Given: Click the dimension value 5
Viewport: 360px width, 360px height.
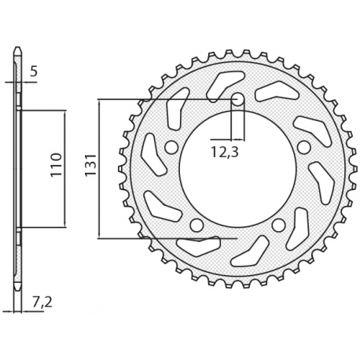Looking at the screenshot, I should pyautogui.click(x=32, y=73).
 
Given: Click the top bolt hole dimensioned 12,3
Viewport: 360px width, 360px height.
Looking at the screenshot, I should pyautogui.click(x=237, y=100).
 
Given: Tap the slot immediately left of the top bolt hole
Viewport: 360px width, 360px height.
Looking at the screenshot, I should pyautogui.click(x=223, y=81).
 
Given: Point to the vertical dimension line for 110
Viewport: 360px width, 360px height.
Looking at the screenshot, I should pyautogui.click(x=63, y=168).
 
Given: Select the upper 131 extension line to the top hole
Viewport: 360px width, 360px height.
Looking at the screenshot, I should pyautogui.click(x=165, y=100).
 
